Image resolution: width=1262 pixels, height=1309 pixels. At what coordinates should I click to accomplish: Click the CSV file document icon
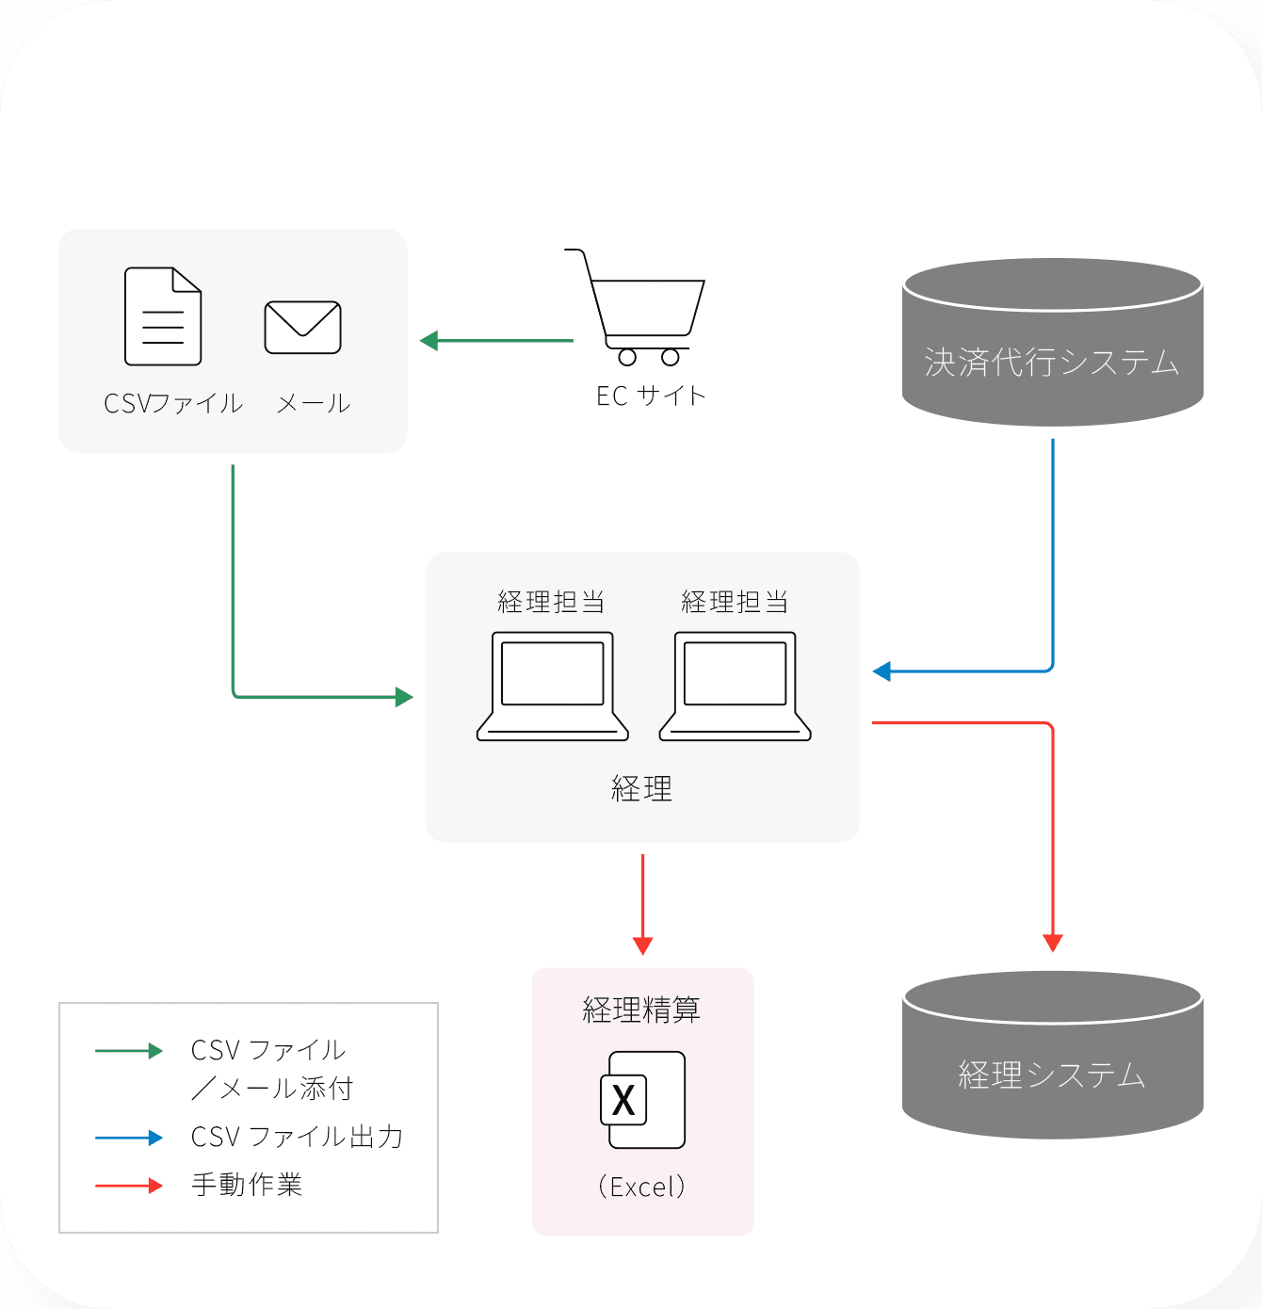[x=163, y=316]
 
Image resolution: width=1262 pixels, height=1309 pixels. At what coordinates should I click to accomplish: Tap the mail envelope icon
[x=302, y=327]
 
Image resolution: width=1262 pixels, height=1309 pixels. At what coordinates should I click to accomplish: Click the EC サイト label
[x=651, y=396]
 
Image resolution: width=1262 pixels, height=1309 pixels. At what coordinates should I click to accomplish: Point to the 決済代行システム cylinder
[x=1052, y=343]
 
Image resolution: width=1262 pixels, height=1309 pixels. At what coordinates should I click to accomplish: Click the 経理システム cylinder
[x=1052, y=1055]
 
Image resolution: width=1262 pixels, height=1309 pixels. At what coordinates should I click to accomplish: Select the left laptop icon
[x=552, y=687]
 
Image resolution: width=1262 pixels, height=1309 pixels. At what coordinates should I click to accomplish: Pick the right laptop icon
[x=735, y=687]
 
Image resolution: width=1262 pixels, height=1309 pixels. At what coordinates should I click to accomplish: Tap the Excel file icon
[x=643, y=1099]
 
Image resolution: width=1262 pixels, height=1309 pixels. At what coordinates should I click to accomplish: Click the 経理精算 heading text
[x=641, y=1010]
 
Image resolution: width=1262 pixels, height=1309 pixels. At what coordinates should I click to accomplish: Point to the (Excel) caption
[x=641, y=1187]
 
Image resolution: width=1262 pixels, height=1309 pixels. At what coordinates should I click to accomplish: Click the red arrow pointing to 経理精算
[x=642, y=904]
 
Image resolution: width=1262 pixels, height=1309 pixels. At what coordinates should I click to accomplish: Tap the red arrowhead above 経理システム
[x=1053, y=943]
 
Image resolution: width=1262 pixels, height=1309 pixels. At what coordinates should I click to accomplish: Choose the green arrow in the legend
[x=129, y=1051]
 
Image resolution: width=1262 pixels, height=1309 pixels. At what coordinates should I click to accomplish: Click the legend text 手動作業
[x=247, y=1184]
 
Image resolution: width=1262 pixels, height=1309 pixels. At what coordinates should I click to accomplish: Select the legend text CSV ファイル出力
[x=297, y=1137]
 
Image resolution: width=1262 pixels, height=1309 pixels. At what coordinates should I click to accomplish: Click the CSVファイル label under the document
[x=173, y=404]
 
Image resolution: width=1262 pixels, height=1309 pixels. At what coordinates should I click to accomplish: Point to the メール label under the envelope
[x=314, y=404]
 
